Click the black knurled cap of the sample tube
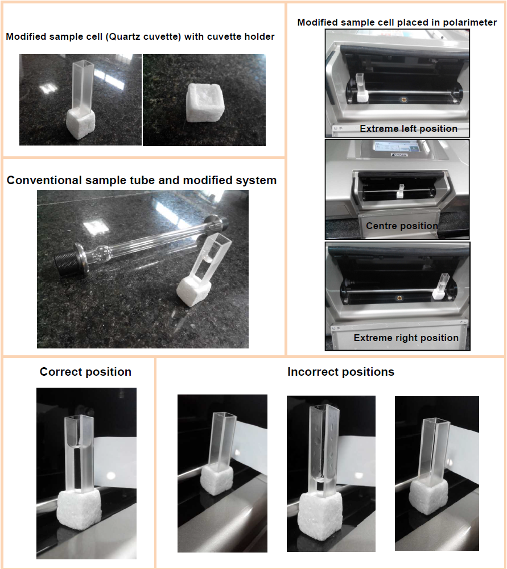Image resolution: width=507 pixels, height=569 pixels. coord(65,260)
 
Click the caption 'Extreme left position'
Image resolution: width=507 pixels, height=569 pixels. coord(409,128)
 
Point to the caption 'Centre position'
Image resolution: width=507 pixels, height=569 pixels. coord(402,226)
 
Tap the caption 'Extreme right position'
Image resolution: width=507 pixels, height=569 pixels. coord(406,338)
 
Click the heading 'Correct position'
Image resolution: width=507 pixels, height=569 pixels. coord(85,372)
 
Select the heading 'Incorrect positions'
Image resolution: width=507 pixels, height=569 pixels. coord(341,372)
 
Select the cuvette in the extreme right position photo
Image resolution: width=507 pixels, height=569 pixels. coord(443,283)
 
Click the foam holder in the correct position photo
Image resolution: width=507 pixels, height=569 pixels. coord(79,509)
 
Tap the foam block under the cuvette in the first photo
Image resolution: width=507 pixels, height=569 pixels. coord(81,124)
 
